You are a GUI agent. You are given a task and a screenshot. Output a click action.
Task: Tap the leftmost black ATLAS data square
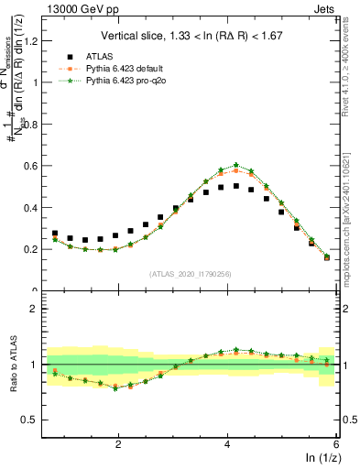55,234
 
